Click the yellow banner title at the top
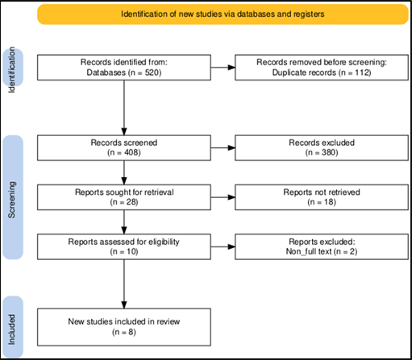223,14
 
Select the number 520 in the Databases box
153,72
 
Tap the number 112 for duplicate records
362,72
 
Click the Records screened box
124,148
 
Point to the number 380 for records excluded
330,152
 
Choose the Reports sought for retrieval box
124,197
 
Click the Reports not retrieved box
322,197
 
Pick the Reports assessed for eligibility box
124,246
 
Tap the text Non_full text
309,251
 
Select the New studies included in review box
124,327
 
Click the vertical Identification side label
12,69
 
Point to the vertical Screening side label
12,200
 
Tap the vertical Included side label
12,329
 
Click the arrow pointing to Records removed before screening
223,68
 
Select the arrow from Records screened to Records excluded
223,147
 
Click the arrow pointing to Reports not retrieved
223,197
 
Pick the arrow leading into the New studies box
124,284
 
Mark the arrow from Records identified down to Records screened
124,108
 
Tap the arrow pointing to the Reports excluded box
223,246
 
